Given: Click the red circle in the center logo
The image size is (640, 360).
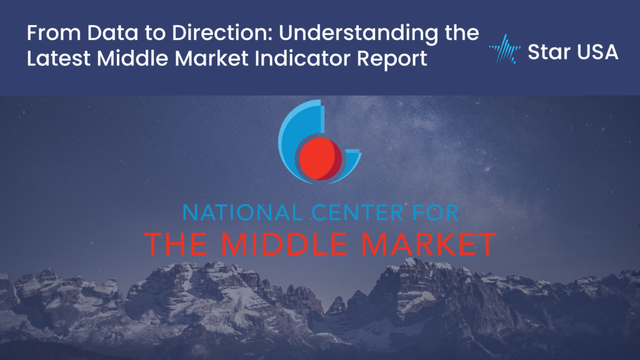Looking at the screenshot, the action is click(x=321, y=159).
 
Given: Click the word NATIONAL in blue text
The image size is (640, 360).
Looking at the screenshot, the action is click(x=244, y=212).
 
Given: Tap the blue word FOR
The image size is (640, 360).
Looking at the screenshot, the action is click(x=434, y=212).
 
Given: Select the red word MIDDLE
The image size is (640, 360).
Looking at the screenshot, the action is click(x=284, y=244).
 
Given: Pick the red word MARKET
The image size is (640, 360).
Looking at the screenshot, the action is click(x=429, y=244).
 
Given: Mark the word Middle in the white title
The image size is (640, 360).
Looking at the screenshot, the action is click(x=132, y=58).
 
